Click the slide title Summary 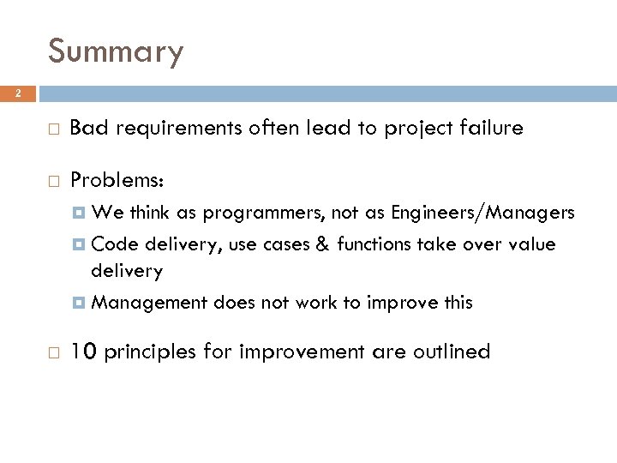(116, 51)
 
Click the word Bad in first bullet (86, 129)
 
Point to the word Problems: (116, 180)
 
